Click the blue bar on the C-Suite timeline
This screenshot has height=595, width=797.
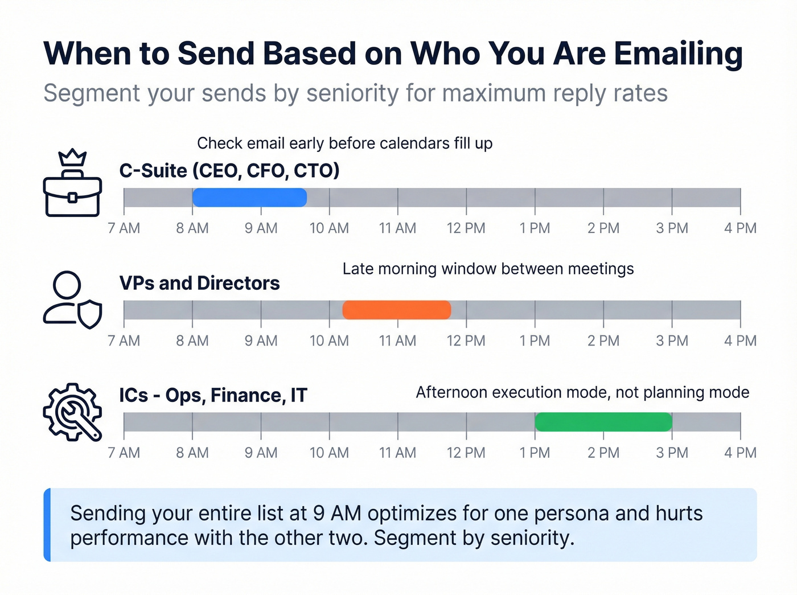pyautogui.click(x=249, y=198)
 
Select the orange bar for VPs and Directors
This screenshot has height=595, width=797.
pyautogui.click(x=397, y=310)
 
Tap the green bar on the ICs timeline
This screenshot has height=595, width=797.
pyautogui.click(x=603, y=422)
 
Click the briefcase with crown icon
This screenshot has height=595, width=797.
pyautogui.click(x=73, y=183)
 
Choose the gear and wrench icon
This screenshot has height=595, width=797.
pyautogui.click(x=73, y=412)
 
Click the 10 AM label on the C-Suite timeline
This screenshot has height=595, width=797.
pyautogui.click(x=329, y=228)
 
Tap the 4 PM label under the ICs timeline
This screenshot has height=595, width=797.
pyautogui.click(x=740, y=453)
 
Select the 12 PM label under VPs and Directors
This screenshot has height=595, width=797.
pyautogui.click(x=466, y=341)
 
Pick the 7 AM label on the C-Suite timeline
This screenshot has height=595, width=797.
pyautogui.click(x=124, y=228)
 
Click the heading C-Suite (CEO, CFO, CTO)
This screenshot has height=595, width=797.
pyautogui.click(x=229, y=170)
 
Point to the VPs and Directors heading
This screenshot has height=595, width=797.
pyautogui.click(x=200, y=283)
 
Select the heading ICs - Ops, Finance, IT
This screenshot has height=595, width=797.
pyautogui.click(x=213, y=395)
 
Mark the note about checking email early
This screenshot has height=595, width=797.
pyautogui.click(x=344, y=143)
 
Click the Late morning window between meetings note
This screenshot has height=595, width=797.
pyautogui.click(x=488, y=269)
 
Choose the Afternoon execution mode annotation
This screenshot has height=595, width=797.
pyautogui.click(x=582, y=392)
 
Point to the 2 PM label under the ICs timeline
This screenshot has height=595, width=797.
pyautogui.click(x=603, y=453)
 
